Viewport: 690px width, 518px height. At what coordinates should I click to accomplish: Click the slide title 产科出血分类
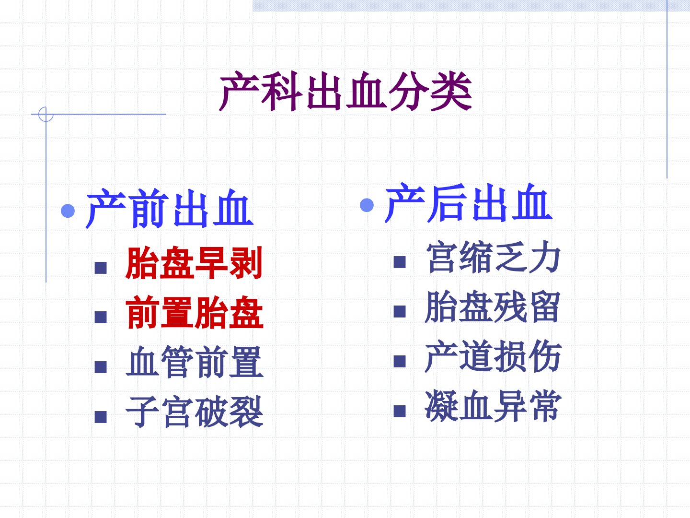(345, 91)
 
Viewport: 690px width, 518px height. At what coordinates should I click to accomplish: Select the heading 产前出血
(170, 209)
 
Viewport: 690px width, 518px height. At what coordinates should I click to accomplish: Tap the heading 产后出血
(468, 203)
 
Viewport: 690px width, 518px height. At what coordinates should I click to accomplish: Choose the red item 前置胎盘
(194, 312)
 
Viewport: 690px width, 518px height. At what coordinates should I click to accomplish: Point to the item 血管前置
(194, 362)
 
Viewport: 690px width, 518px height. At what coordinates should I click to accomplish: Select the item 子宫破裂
(194, 412)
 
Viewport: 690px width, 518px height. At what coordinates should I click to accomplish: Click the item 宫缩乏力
(493, 257)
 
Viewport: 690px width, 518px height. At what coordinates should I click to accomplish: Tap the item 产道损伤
(493, 356)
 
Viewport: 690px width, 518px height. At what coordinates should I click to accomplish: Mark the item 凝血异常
(493, 406)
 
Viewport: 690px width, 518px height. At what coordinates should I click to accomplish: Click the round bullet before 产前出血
(68, 211)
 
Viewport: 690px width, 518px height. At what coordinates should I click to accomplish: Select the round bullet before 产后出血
(367, 205)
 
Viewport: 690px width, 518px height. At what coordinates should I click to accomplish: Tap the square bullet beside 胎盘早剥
(101, 268)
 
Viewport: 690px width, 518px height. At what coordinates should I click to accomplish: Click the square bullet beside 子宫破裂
(101, 417)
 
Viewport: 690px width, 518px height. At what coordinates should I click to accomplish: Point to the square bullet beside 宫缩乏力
(400, 262)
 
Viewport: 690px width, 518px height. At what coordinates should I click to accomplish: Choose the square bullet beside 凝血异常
(400, 411)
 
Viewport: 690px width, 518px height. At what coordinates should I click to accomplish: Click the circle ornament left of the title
(46, 114)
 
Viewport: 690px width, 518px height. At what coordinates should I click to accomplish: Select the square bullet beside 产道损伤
(400, 361)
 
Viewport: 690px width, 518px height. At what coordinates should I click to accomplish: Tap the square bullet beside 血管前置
(101, 367)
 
